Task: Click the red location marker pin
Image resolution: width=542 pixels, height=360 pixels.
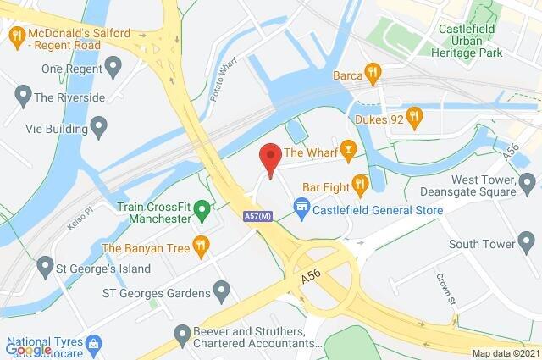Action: click(269, 158)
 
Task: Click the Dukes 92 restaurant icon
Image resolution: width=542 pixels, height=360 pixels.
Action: click(413, 115)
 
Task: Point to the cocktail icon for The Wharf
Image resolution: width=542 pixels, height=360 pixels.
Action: click(348, 152)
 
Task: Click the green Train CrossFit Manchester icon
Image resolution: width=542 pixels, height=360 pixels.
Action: click(202, 208)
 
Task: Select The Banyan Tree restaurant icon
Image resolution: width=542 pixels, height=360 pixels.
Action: click(201, 247)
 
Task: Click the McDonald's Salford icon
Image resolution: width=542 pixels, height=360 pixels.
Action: click(15, 36)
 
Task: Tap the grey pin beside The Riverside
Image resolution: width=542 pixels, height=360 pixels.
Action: click(22, 97)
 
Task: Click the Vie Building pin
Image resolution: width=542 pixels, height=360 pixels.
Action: click(99, 128)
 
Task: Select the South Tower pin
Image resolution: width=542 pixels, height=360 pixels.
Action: click(527, 245)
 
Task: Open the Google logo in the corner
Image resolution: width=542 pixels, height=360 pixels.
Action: click(28, 350)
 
